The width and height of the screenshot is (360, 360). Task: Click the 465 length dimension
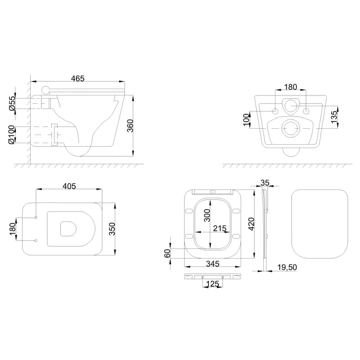(x=77, y=78)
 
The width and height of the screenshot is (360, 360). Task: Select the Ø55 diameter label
(x=12, y=103)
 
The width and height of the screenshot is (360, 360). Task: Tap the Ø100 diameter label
(x=11, y=135)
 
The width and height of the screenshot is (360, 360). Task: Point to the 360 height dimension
(x=130, y=126)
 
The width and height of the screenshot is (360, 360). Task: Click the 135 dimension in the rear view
(x=334, y=117)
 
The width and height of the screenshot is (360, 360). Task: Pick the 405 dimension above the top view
(x=69, y=186)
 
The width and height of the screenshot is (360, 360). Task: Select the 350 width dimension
(x=112, y=229)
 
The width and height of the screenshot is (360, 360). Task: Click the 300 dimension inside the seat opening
(x=207, y=215)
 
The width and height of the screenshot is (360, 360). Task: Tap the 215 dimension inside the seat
(x=220, y=229)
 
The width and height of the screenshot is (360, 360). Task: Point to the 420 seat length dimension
(x=252, y=224)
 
